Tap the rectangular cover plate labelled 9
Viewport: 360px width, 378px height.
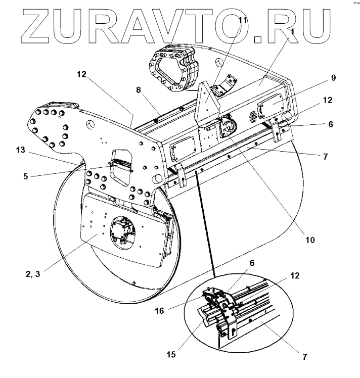(272, 108)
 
